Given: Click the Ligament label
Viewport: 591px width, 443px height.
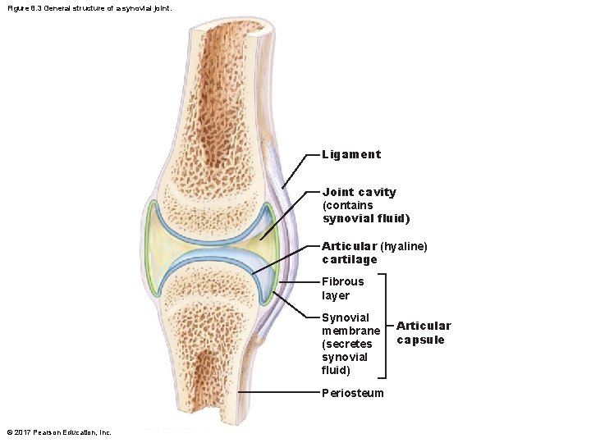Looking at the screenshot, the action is click(x=351, y=154).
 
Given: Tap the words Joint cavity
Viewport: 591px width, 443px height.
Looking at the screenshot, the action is click(x=359, y=192).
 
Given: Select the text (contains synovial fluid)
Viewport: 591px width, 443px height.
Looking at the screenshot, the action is click(x=365, y=212).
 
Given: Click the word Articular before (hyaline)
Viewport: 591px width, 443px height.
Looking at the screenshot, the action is click(x=349, y=246).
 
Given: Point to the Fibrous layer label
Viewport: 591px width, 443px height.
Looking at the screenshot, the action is click(x=342, y=288).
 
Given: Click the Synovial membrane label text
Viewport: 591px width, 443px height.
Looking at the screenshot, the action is click(x=350, y=324).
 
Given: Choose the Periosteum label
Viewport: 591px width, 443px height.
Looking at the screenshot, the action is click(x=352, y=393).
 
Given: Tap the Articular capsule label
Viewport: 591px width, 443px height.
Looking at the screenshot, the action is click(x=423, y=332).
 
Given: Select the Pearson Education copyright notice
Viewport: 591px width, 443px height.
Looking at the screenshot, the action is click(x=58, y=432).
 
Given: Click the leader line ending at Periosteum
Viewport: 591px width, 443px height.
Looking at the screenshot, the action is click(x=279, y=393).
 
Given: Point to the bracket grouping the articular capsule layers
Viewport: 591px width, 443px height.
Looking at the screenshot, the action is click(x=387, y=327).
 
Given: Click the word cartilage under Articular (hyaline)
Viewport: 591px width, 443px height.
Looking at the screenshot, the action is click(x=349, y=259).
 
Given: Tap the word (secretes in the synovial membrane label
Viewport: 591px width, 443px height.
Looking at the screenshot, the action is click(x=346, y=344).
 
